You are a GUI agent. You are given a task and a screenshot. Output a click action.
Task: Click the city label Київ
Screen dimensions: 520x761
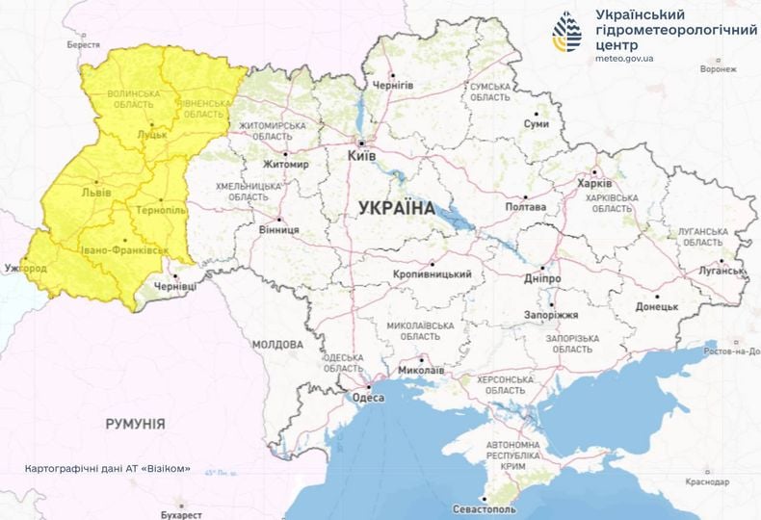point(362,154)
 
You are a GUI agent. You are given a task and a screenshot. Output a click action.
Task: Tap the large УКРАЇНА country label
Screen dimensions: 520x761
point(396,208)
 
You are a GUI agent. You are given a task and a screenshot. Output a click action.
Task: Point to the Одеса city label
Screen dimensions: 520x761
point(368,397)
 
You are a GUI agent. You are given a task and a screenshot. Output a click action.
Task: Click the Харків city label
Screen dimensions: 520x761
point(593,183)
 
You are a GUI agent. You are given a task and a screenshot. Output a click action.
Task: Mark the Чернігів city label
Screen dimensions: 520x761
point(394,85)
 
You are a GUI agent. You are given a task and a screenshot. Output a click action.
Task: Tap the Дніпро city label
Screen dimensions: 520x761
point(543,278)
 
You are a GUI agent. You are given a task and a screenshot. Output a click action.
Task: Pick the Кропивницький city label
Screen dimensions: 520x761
point(433,274)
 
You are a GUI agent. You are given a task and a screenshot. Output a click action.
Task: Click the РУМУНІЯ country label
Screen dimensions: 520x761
point(135,423)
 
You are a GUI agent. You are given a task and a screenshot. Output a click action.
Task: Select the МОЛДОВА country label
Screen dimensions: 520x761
point(277,344)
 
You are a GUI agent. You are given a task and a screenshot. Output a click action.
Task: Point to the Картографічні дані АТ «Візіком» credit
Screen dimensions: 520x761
point(108,470)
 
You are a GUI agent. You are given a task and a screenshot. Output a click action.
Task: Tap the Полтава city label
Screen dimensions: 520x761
point(526,207)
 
